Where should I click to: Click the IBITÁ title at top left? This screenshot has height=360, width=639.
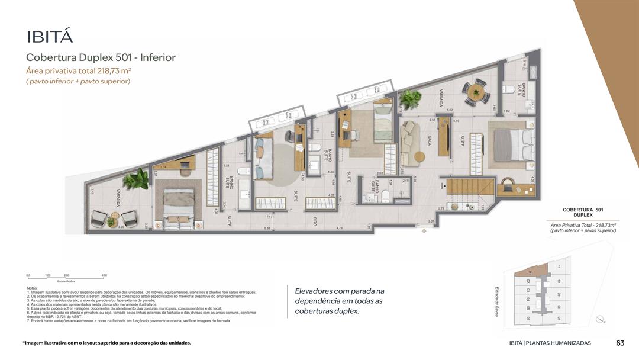click(50, 36)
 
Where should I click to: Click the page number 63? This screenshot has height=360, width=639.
click(620, 343)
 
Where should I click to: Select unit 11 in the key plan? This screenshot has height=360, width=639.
click(558, 266)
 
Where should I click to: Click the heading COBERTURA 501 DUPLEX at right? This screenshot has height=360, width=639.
click(582, 213)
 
